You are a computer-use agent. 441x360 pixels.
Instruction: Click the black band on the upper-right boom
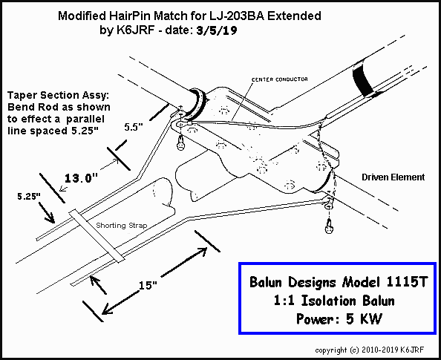pos(365,79)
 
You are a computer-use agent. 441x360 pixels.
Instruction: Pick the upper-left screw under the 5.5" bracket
pos(181,143)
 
